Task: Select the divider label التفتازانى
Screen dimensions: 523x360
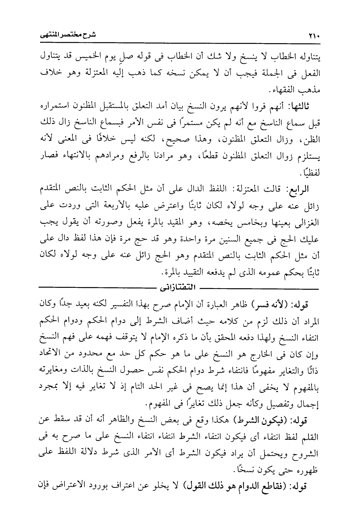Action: (x=179, y=286)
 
